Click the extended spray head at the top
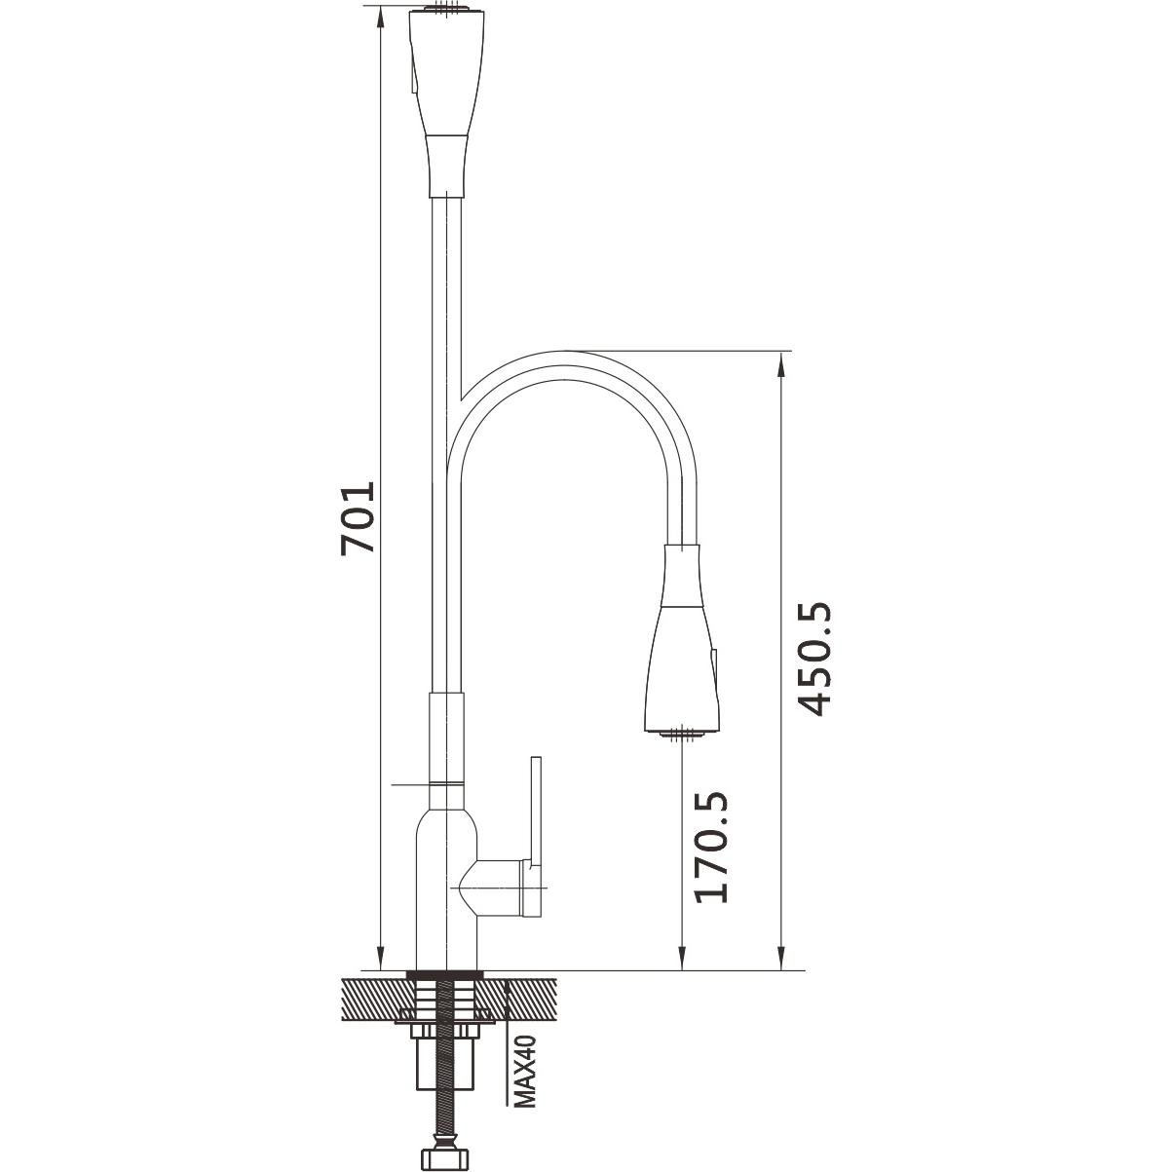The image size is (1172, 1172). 446,103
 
